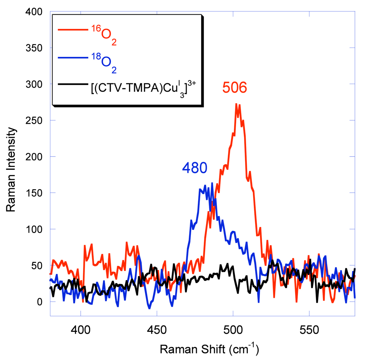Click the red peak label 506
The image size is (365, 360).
[x=235, y=88]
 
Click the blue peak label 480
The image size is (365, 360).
[x=195, y=168]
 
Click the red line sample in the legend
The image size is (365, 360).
[x=73, y=30]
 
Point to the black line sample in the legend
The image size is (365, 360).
[x=73, y=84]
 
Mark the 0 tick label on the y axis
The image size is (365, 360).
[x=39, y=302]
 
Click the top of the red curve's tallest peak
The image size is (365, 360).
[x=236, y=104]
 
